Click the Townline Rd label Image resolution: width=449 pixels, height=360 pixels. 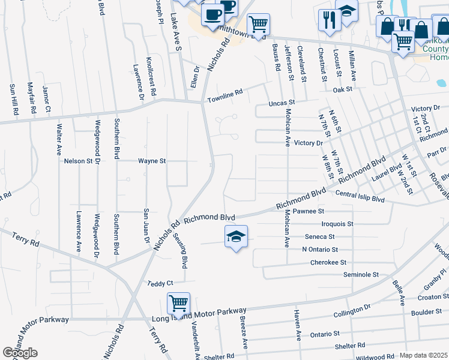point(224,95)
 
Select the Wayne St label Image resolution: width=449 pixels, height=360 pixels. point(151,161)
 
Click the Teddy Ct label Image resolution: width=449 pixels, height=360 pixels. point(161,283)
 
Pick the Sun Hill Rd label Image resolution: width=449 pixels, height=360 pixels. point(13,99)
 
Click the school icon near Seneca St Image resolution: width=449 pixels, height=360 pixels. point(237,237)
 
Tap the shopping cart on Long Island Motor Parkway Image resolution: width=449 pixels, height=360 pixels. point(179,304)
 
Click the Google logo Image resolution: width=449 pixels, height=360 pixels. point(20,353)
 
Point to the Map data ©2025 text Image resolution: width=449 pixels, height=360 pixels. point(423,355)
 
